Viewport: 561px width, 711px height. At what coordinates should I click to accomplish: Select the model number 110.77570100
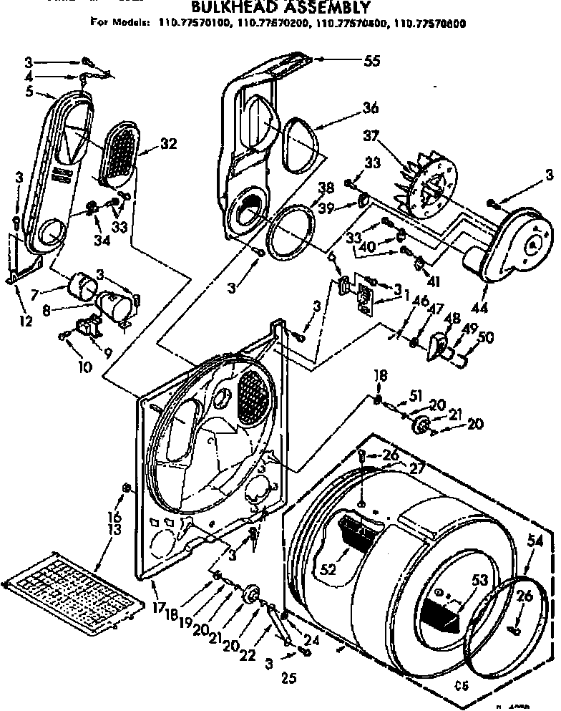point(192,24)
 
